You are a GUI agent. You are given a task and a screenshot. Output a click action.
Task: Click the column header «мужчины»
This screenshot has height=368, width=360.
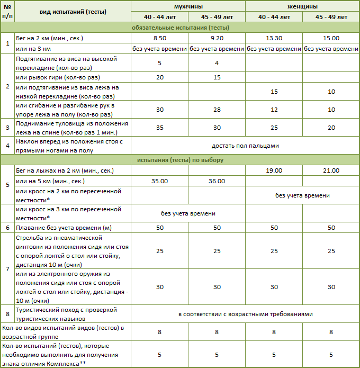click(x=188, y=7)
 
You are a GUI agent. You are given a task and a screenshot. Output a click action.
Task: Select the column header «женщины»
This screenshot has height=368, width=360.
click(x=303, y=7)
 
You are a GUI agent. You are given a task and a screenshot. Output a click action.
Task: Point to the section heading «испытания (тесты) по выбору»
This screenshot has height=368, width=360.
click(x=180, y=160)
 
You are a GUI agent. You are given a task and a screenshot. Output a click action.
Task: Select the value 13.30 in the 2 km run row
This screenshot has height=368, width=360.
click(x=274, y=39)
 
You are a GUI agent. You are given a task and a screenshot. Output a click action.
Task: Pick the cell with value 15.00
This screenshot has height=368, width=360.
click(x=331, y=39)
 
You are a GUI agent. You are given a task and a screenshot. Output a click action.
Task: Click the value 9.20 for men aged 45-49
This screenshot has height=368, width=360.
click(x=217, y=39)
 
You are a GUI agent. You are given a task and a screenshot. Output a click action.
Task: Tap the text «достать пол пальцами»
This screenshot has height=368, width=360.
click(x=245, y=145)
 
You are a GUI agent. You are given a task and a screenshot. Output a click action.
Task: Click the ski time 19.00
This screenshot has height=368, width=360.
click(x=274, y=170)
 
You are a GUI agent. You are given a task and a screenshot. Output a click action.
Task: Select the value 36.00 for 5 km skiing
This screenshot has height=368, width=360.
click(x=217, y=181)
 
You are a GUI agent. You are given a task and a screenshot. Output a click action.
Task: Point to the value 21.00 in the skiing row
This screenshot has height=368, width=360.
click(x=331, y=170)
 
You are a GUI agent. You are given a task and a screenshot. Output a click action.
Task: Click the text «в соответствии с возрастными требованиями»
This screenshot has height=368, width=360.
click(x=245, y=314)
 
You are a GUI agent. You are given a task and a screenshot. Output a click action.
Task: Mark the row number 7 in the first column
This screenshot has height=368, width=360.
click(x=7, y=270)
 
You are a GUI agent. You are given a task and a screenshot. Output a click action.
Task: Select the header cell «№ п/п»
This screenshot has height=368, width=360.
click(x=7, y=12)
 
